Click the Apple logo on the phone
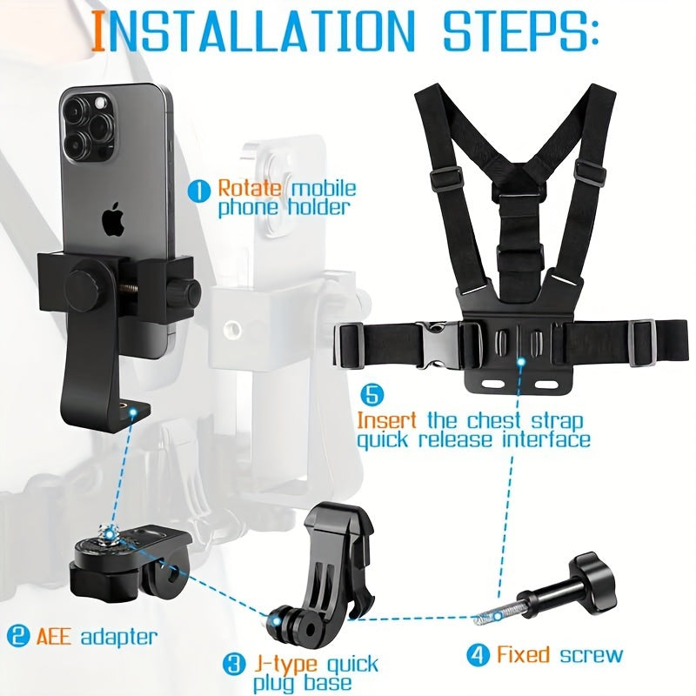pyautogui.click(x=112, y=219)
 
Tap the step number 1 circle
pyautogui.click(x=198, y=191)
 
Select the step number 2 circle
pyautogui.click(x=18, y=636)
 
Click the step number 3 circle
pyautogui.click(x=234, y=664)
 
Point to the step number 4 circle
pyautogui.click(x=478, y=655)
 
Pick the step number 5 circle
pyautogui.click(x=372, y=395)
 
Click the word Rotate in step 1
pyautogui.click(x=250, y=188)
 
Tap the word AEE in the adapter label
pyautogui.click(x=54, y=636)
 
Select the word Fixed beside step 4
pyautogui.click(x=523, y=654)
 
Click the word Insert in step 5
pyautogui.click(x=387, y=420)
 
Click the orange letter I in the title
pyautogui.click(x=99, y=30)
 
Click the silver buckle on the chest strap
pyautogui.click(x=438, y=345)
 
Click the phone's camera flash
pyautogui.click(x=100, y=104)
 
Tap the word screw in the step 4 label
pyautogui.click(x=592, y=655)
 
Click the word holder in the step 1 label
pyautogui.click(x=318, y=208)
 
